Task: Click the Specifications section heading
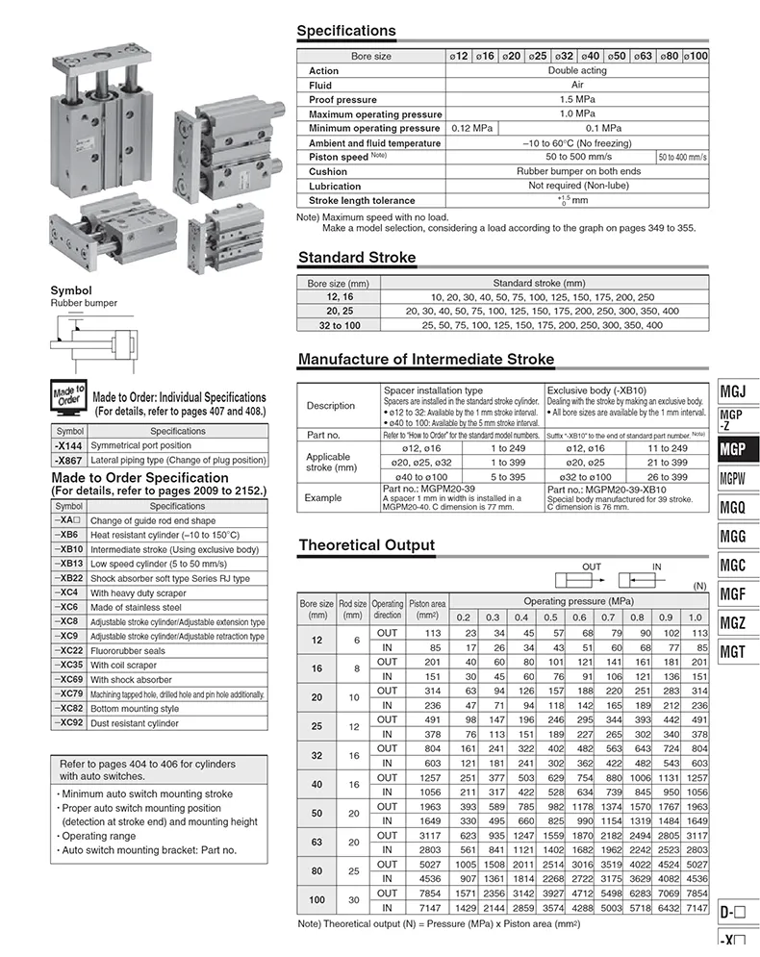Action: [x=345, y=31]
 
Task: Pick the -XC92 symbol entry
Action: [x=69, y=722]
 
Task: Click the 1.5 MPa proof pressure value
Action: [x=576, y=99]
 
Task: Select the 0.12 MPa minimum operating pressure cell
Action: [x=471, y=128]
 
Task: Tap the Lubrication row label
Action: [x=335, y=186]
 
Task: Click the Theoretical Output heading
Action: [x=367, y=545]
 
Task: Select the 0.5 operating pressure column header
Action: [x=550, y=617]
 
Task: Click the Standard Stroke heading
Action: [x=357, y=258]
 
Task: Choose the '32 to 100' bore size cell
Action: [x=338, y=325]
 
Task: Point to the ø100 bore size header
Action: [x=696, y=57]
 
